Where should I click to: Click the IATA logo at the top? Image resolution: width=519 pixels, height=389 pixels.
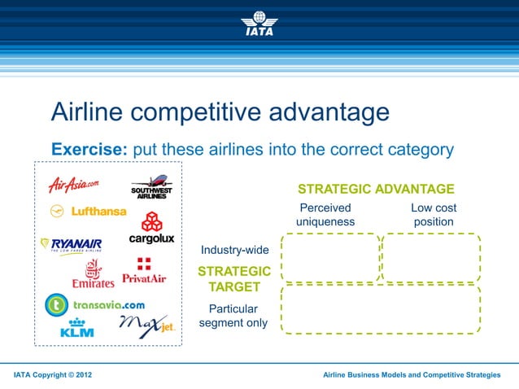(259, 24)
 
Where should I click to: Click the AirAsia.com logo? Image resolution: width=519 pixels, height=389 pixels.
(73, 185)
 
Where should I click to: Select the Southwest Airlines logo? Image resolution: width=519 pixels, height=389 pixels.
(151, 187)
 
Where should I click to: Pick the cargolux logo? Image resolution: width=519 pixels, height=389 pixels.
(151, 228)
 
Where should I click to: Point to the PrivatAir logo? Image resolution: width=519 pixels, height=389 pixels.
(144, 271)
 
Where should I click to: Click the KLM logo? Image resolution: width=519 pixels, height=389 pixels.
(77, 328)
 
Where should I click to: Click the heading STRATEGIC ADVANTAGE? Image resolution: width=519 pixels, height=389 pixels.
(376, 189)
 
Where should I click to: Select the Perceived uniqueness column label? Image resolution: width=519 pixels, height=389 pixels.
(325, 215)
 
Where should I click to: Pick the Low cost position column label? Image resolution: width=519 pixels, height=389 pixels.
(433, 215)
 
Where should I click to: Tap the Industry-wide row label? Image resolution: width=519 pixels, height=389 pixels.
(234, 249)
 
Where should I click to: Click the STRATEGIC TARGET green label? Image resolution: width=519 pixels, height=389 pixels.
(234, 278)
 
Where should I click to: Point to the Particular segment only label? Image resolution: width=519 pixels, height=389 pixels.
(233, 316)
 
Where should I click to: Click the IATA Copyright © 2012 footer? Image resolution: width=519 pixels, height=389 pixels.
(53, 374)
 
